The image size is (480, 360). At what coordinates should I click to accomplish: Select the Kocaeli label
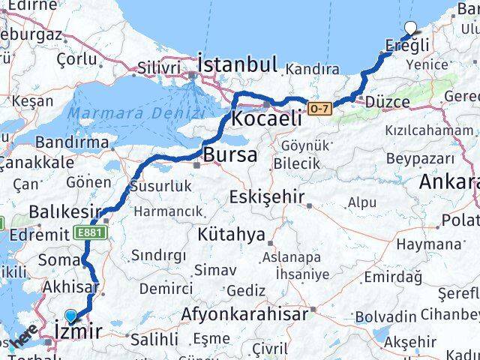266,118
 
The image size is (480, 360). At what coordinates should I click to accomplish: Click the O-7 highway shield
319,109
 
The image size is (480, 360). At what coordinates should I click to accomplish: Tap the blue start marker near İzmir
71,317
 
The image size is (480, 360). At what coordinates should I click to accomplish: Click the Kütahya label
232,235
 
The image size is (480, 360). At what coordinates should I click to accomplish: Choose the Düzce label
386,102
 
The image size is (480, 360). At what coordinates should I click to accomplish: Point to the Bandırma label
72,141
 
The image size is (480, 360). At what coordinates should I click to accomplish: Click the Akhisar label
71,286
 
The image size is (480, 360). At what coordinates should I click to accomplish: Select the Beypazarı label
420,158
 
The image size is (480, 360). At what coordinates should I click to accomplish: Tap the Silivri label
157,68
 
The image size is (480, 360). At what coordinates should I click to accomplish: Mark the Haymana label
427,244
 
